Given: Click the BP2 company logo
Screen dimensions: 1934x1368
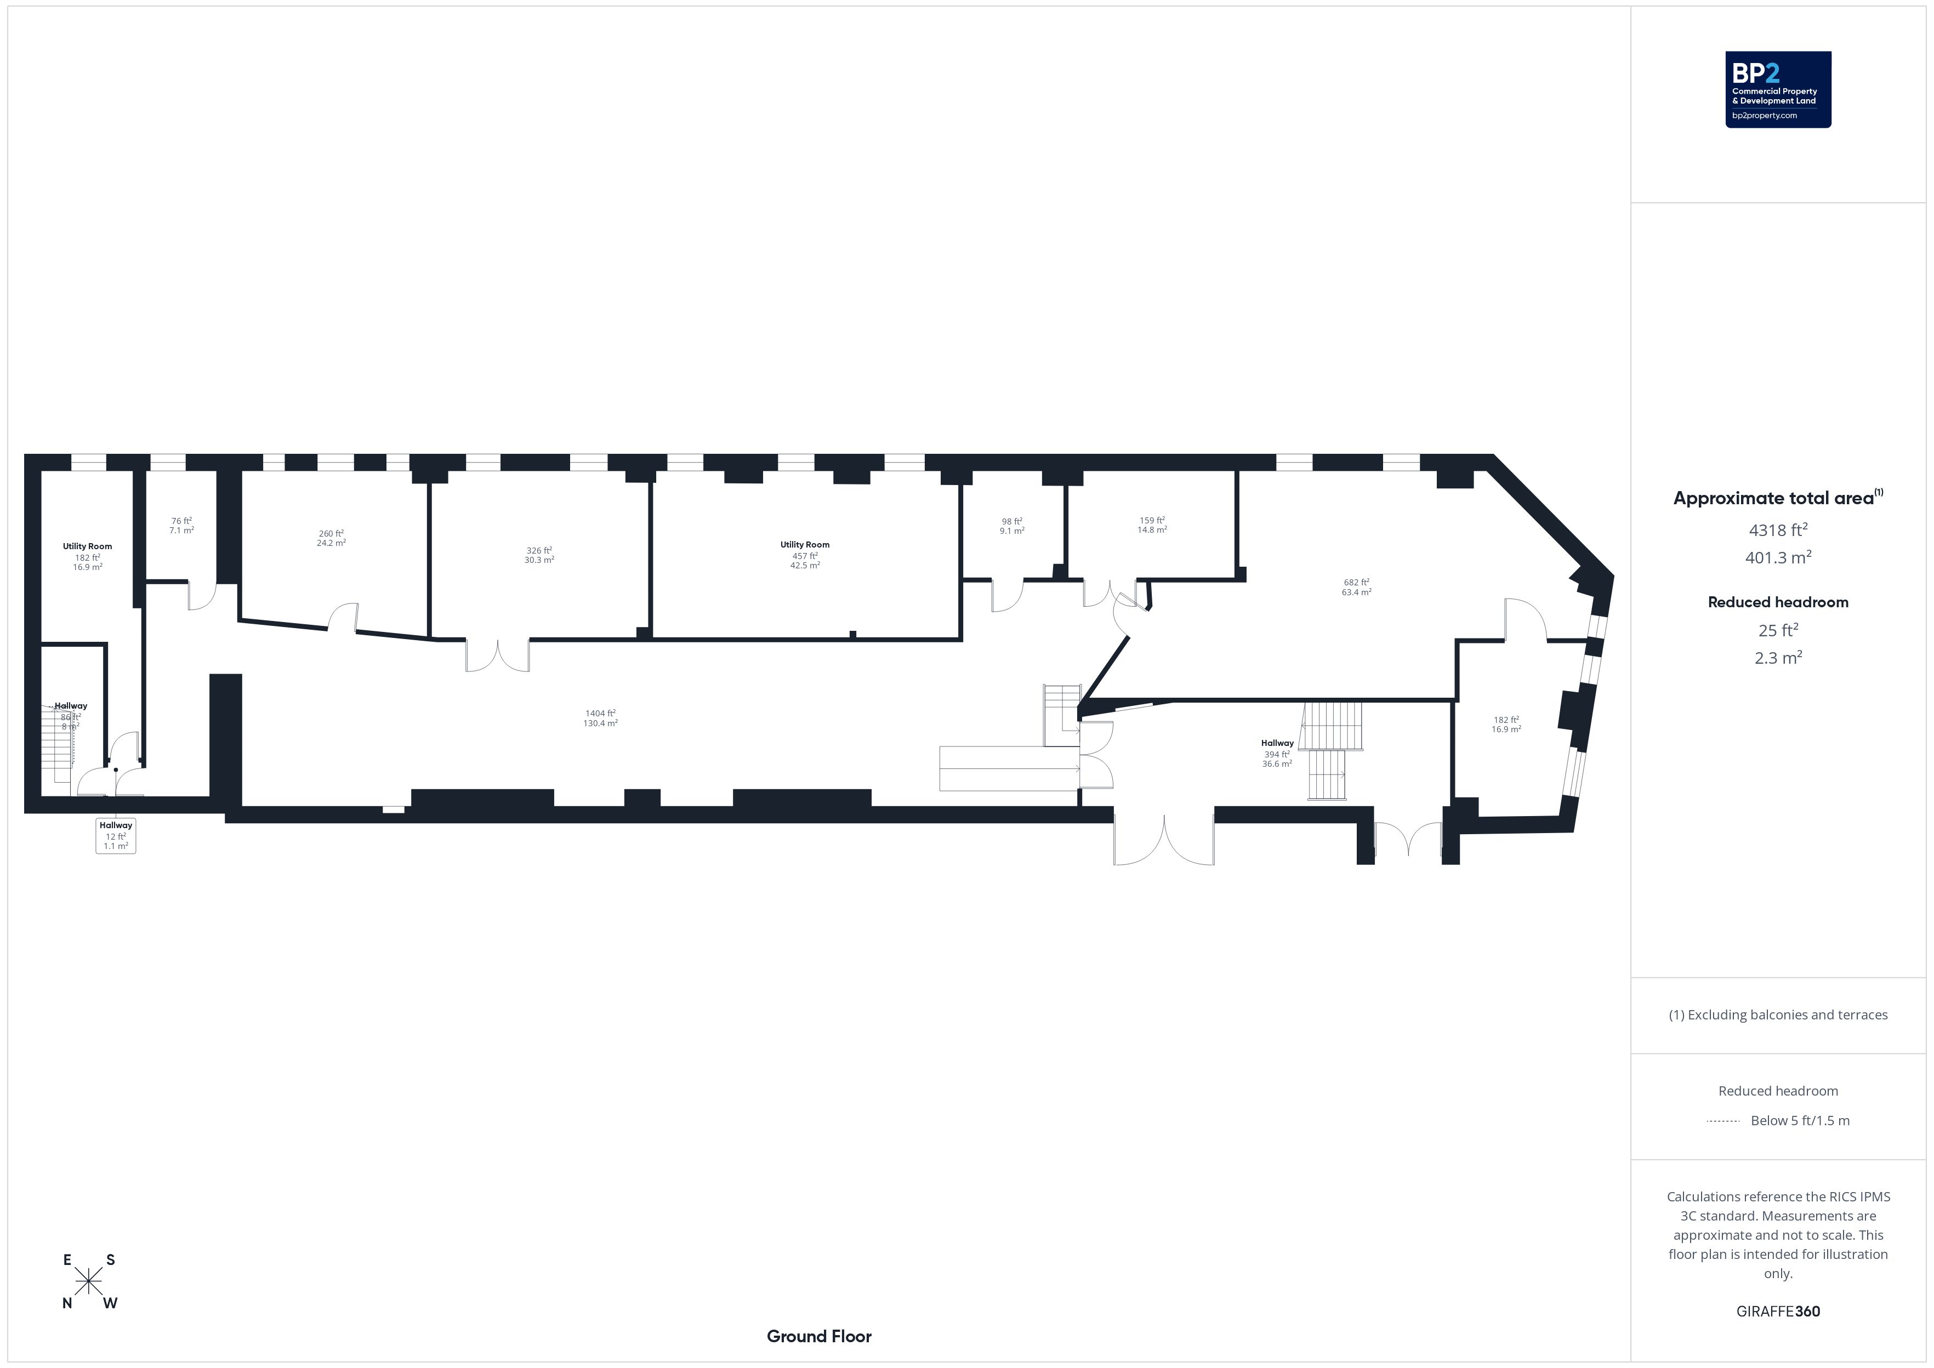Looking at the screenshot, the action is pyautogui.click(x=1778, y=89).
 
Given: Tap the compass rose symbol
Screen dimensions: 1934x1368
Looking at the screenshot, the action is pyautogui.click(x=88, y=1281).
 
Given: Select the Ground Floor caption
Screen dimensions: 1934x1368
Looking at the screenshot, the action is pyautogui.click(x=819, y=1336).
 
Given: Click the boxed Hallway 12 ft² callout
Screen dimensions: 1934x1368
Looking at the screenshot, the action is pyautogui.click(x=116, y=836).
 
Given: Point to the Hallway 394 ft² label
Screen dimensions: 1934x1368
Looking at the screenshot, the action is pyautogui.click(x=1277, y=753).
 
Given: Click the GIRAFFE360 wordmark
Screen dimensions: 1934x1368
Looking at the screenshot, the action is pyautogui.click(x=1778, y=1312).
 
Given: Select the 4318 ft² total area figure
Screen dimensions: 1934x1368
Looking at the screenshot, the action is pyautogui.click(x=1778, y=530).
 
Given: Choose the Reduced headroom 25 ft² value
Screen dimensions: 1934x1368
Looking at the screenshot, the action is pyautogui.click(x=1778, y=630).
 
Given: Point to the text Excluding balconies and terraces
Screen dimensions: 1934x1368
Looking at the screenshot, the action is pyautogui.click(x=1789, y=1015).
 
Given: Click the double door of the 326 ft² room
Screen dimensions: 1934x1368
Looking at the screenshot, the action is pyautogui.click(x=498, y=656).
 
